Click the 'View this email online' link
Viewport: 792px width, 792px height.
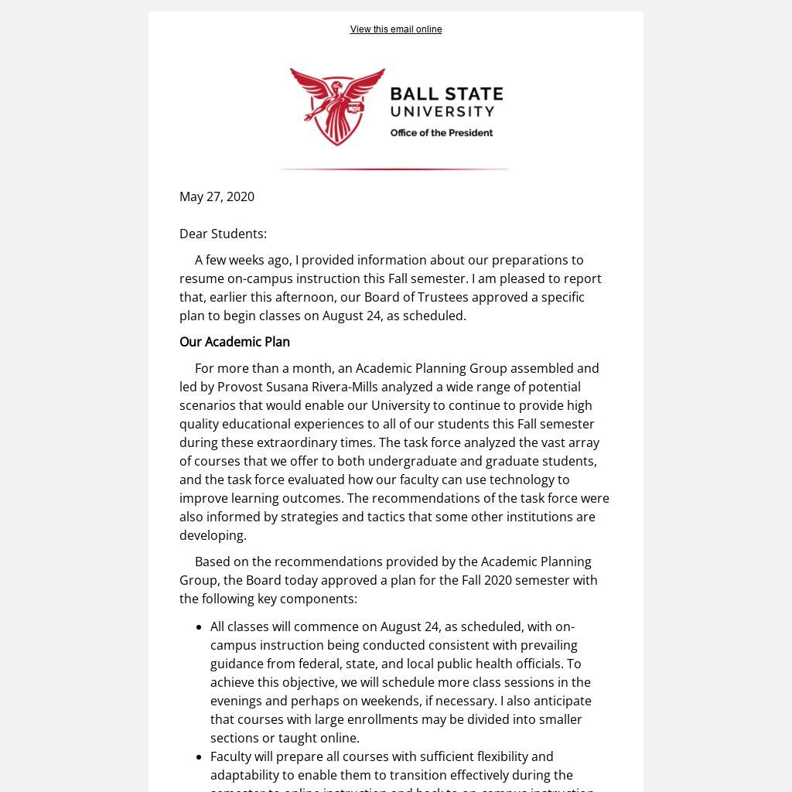(396, 29)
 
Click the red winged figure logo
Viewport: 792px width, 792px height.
(337, 106)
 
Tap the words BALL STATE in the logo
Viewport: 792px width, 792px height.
(446, 94)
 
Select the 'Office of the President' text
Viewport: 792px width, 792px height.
(441, 133)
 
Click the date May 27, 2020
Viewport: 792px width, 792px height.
(217, 196)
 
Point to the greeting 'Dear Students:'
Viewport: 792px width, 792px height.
(223, 234)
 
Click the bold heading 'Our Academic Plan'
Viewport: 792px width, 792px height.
(234, 342)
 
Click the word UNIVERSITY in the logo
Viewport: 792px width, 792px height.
(442, 113)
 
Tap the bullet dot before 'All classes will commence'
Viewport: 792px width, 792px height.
(200, 627)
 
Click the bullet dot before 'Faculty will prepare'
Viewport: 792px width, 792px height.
(200, 757)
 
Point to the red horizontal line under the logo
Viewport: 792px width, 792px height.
(394, 169)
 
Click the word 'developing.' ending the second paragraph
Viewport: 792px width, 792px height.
(213, 535)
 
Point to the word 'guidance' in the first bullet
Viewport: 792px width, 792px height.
(237, 664)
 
